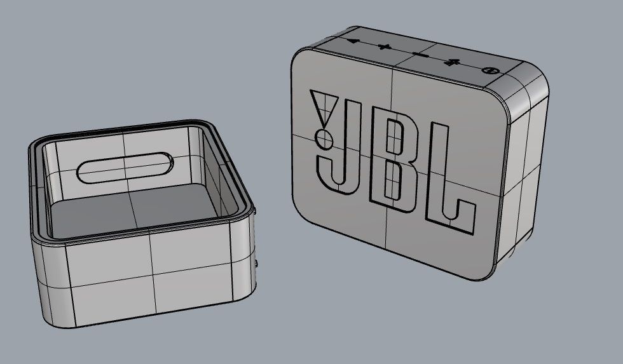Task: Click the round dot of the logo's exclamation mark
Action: click(324, 138)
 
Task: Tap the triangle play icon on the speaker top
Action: click(352, 42)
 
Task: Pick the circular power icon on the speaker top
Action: click(489, 71)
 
